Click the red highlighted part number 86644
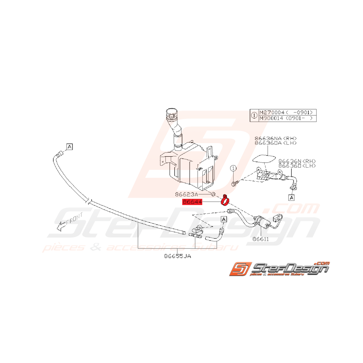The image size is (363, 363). (192, 202)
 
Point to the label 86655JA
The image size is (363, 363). (177, 256)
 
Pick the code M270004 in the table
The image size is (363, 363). (273, 111)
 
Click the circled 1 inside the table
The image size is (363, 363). (254, 115)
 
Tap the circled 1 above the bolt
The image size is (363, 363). (233, 168)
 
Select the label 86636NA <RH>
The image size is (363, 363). (276, 138)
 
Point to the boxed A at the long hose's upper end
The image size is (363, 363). (69, 147)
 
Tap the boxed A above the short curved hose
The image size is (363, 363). (224, 220)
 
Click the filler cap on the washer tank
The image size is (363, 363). (170, 113)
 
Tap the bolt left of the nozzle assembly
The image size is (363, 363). (234, 182)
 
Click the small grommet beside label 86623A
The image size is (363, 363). (213, 194)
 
